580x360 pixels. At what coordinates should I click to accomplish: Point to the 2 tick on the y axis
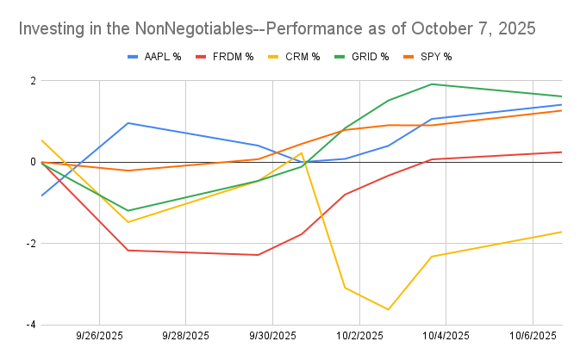pos(32,81)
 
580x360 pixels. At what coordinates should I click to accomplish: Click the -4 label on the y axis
pos(30,325)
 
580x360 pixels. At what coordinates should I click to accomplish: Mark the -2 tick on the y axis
pos(30,244)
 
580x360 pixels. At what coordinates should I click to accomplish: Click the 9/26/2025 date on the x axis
pos(99,336)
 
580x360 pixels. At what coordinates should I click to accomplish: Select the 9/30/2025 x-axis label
pos(272,336)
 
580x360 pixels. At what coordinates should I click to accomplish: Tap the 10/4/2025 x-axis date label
pos(446,336)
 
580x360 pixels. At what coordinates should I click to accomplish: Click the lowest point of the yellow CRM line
pos(389,309)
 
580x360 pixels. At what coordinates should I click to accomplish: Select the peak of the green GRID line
pos(431,84)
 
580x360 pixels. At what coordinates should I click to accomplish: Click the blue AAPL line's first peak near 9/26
pos(128,123)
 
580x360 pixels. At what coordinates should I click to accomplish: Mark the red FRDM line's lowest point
pos(258,255)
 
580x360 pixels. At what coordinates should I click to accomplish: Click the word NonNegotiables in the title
pos(191,28)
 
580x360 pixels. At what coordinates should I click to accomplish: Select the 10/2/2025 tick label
pos(359,336)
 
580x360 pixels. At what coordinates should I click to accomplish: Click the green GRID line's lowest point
pos(128,210)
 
